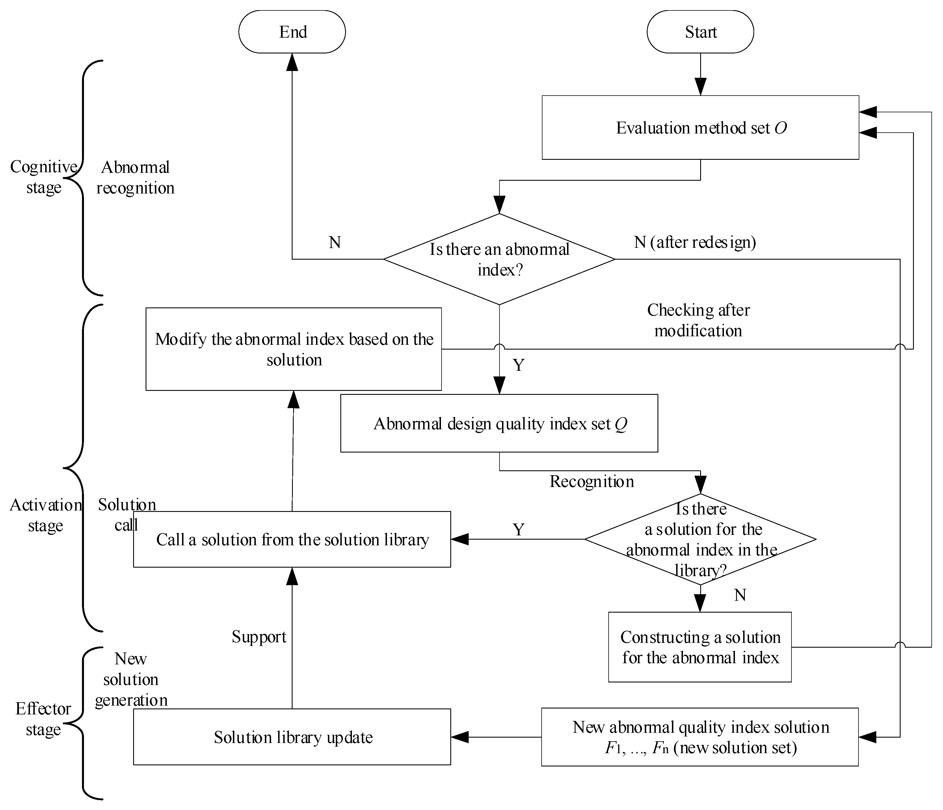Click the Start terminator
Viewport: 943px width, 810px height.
(700, 32)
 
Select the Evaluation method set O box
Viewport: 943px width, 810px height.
(700, 128)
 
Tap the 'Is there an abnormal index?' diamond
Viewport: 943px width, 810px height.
(499, 259)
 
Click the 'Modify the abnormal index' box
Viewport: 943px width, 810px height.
(293, 349)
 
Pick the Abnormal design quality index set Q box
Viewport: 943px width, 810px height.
(499, 423)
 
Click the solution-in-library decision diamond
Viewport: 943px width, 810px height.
(700, 540)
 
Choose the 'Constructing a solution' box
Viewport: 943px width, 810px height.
(700, 647)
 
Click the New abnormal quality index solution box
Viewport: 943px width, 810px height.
(700, 737)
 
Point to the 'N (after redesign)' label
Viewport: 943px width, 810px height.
(695, 242)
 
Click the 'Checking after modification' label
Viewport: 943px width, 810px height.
(698, 320)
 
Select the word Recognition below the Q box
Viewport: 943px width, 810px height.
(592, 482)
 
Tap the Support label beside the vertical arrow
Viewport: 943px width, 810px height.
(259, 637)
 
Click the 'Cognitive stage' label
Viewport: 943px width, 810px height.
(44, 177)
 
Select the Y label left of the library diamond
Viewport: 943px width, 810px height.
(518, 529)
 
